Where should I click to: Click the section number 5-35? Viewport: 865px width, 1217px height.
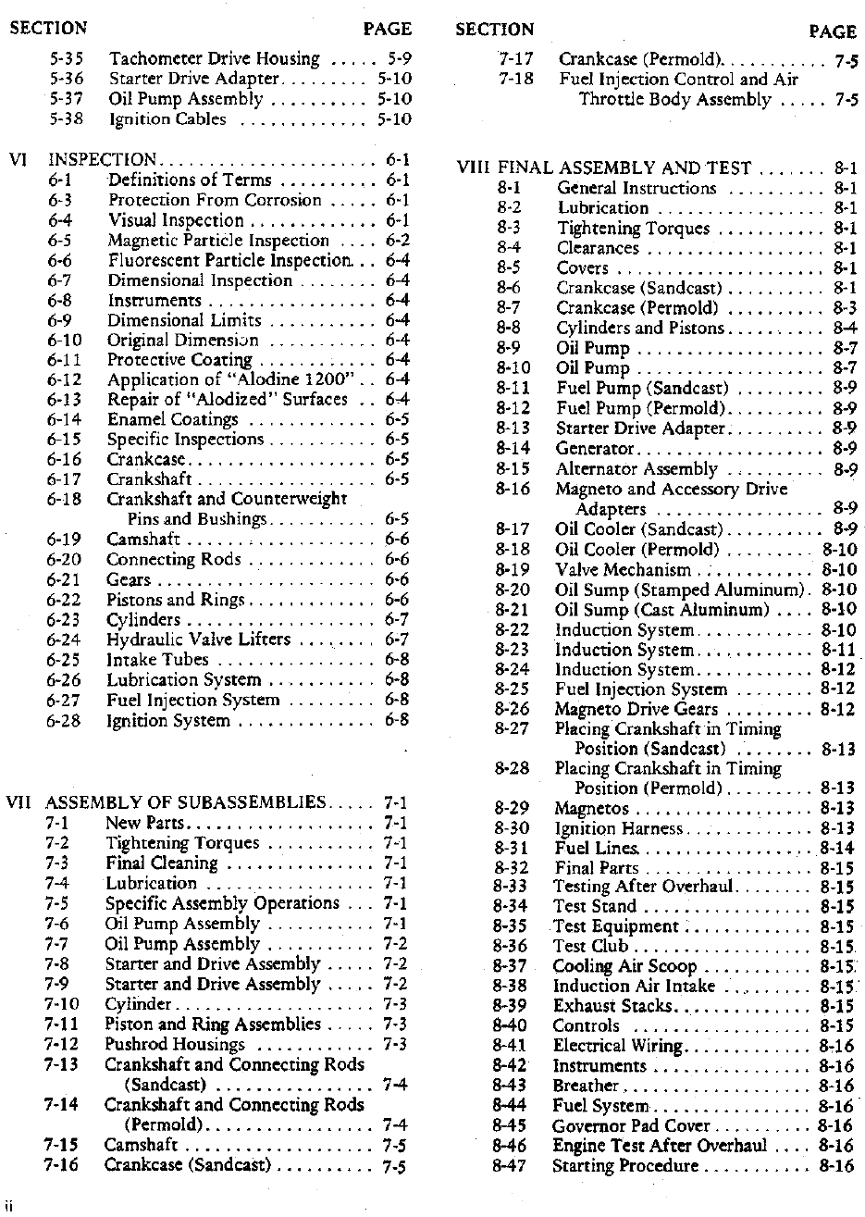(x=67, y=58)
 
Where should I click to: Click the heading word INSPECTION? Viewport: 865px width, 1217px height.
(x=102, y=159)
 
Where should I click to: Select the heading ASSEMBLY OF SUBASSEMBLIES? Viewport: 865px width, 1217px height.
(x=185, y=802)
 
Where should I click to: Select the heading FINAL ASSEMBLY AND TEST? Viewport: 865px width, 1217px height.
(x=624, y=168)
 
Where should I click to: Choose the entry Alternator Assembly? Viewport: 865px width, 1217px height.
(x=636, y=468)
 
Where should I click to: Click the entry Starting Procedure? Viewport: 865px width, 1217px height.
(x=625, y=1165)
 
